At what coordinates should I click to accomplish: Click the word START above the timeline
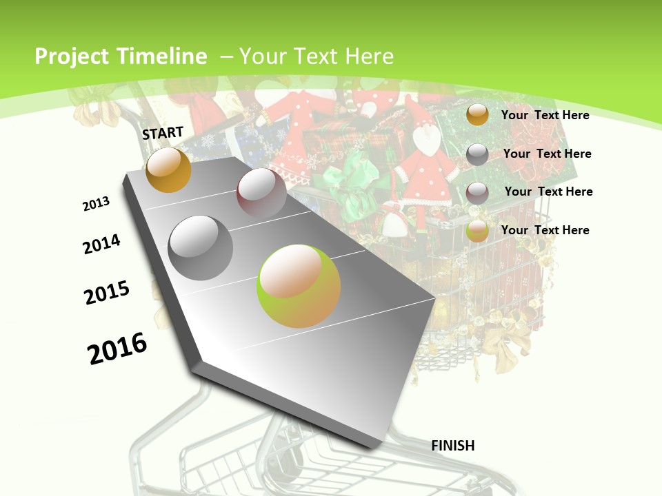click(163, 133)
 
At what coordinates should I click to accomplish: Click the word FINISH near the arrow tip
click(453, 446)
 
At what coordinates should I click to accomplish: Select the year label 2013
click(97, 204)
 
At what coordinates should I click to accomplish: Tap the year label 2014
click(102, 244)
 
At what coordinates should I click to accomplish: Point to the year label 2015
click(107, 293)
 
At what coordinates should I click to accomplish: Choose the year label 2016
click(117, 349)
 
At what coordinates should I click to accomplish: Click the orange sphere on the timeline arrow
click(168, 169)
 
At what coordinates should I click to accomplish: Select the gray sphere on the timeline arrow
click(201, 247)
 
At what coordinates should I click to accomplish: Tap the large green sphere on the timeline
click(299, 286)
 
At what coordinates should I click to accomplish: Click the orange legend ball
click(477, 115)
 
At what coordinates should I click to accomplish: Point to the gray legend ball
click(477, 154)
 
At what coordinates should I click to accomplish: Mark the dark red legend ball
click(477, 192)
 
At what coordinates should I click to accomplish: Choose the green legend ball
click(477, 231)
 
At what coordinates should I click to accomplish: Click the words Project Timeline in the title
click(121, 56)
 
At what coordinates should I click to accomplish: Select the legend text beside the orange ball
click(545, 115)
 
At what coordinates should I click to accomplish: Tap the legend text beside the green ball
click(545, 230)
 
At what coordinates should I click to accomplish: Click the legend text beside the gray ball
click(547, 154)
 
